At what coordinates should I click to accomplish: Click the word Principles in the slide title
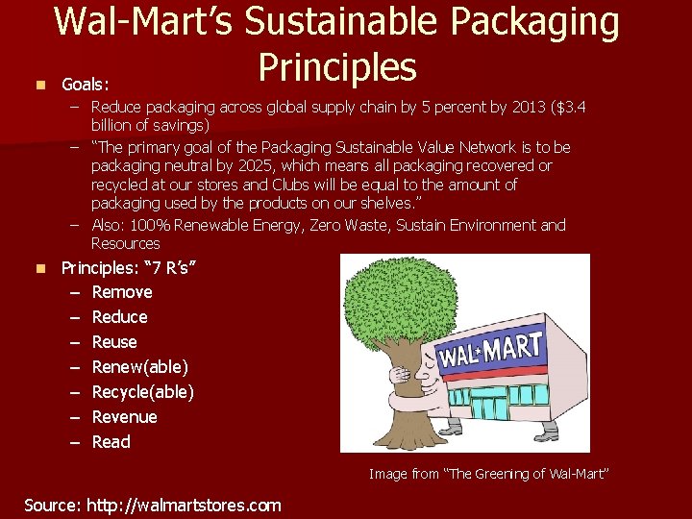[336, 67]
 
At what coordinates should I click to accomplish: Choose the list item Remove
[122, 292]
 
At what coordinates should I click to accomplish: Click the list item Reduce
[119, 317]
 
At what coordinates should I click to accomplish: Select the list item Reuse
[114, 342]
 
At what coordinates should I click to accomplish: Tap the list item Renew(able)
[139, 367]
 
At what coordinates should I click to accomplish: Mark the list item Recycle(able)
[142, 392]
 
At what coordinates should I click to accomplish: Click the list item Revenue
[124, 417]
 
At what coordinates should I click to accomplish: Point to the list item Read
[111, 442]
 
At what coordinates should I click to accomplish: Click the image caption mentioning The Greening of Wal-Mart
[489, 474]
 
